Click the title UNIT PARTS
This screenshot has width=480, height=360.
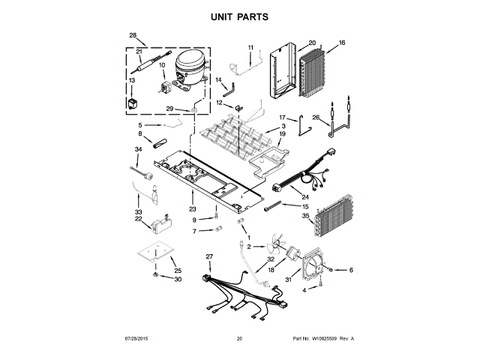point(239,16)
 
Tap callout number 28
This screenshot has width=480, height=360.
point(133,35)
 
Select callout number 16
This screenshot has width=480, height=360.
point(342,43)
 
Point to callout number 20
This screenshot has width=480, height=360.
point(312,43)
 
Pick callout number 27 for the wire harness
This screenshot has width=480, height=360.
point(209,256)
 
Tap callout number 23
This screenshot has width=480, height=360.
point(193,209)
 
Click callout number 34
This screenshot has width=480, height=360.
point(138,149)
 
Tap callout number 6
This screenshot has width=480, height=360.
point(350,270)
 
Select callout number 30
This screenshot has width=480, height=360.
point(178,280)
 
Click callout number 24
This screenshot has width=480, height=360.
point(284,197)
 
